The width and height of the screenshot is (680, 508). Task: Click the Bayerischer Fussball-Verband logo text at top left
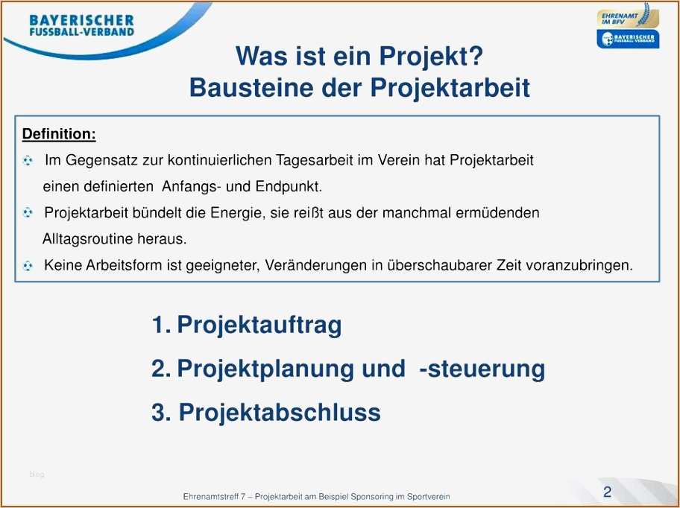pyautogui.click(x=81, y=25)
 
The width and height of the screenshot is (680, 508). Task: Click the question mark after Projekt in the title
pyautogui.click(x=476, y=56)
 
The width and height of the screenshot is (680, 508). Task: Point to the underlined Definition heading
pyautogui.click(x=59, y=134)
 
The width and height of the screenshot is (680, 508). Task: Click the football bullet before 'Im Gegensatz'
pyautogui.click(x=28, y=161)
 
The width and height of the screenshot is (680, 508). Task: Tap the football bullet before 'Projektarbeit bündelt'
pyautogui.click(x=28, y=212)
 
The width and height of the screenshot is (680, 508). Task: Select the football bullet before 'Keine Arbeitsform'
pyautogui.click(x=28, y=265)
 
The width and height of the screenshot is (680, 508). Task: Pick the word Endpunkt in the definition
pyautogui.click(x=289, y=187)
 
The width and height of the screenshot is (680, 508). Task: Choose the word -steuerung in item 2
pyautogui.click(x=482, y=369)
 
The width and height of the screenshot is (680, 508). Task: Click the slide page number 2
pyautogui.click(x=607, y=492)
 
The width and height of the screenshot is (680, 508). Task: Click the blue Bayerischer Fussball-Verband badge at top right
pyautogui.click(x=628, y=39)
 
